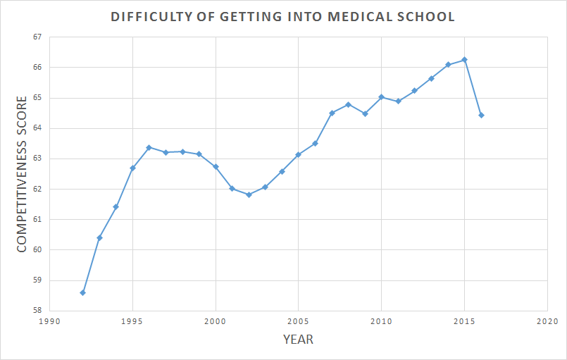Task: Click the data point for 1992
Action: pos(83,292)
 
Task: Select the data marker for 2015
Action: pos(465,60)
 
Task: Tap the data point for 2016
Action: pos(481,115)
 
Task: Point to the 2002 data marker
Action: pos(249,194)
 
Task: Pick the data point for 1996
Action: pos(149,147)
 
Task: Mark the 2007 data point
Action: pos(332,113)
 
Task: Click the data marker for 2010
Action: pos(381,97)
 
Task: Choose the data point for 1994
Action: pos(116,206)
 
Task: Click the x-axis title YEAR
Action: pos(298,340)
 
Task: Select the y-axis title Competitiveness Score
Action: pos(22,174)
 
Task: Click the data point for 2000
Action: pos(216,166)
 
